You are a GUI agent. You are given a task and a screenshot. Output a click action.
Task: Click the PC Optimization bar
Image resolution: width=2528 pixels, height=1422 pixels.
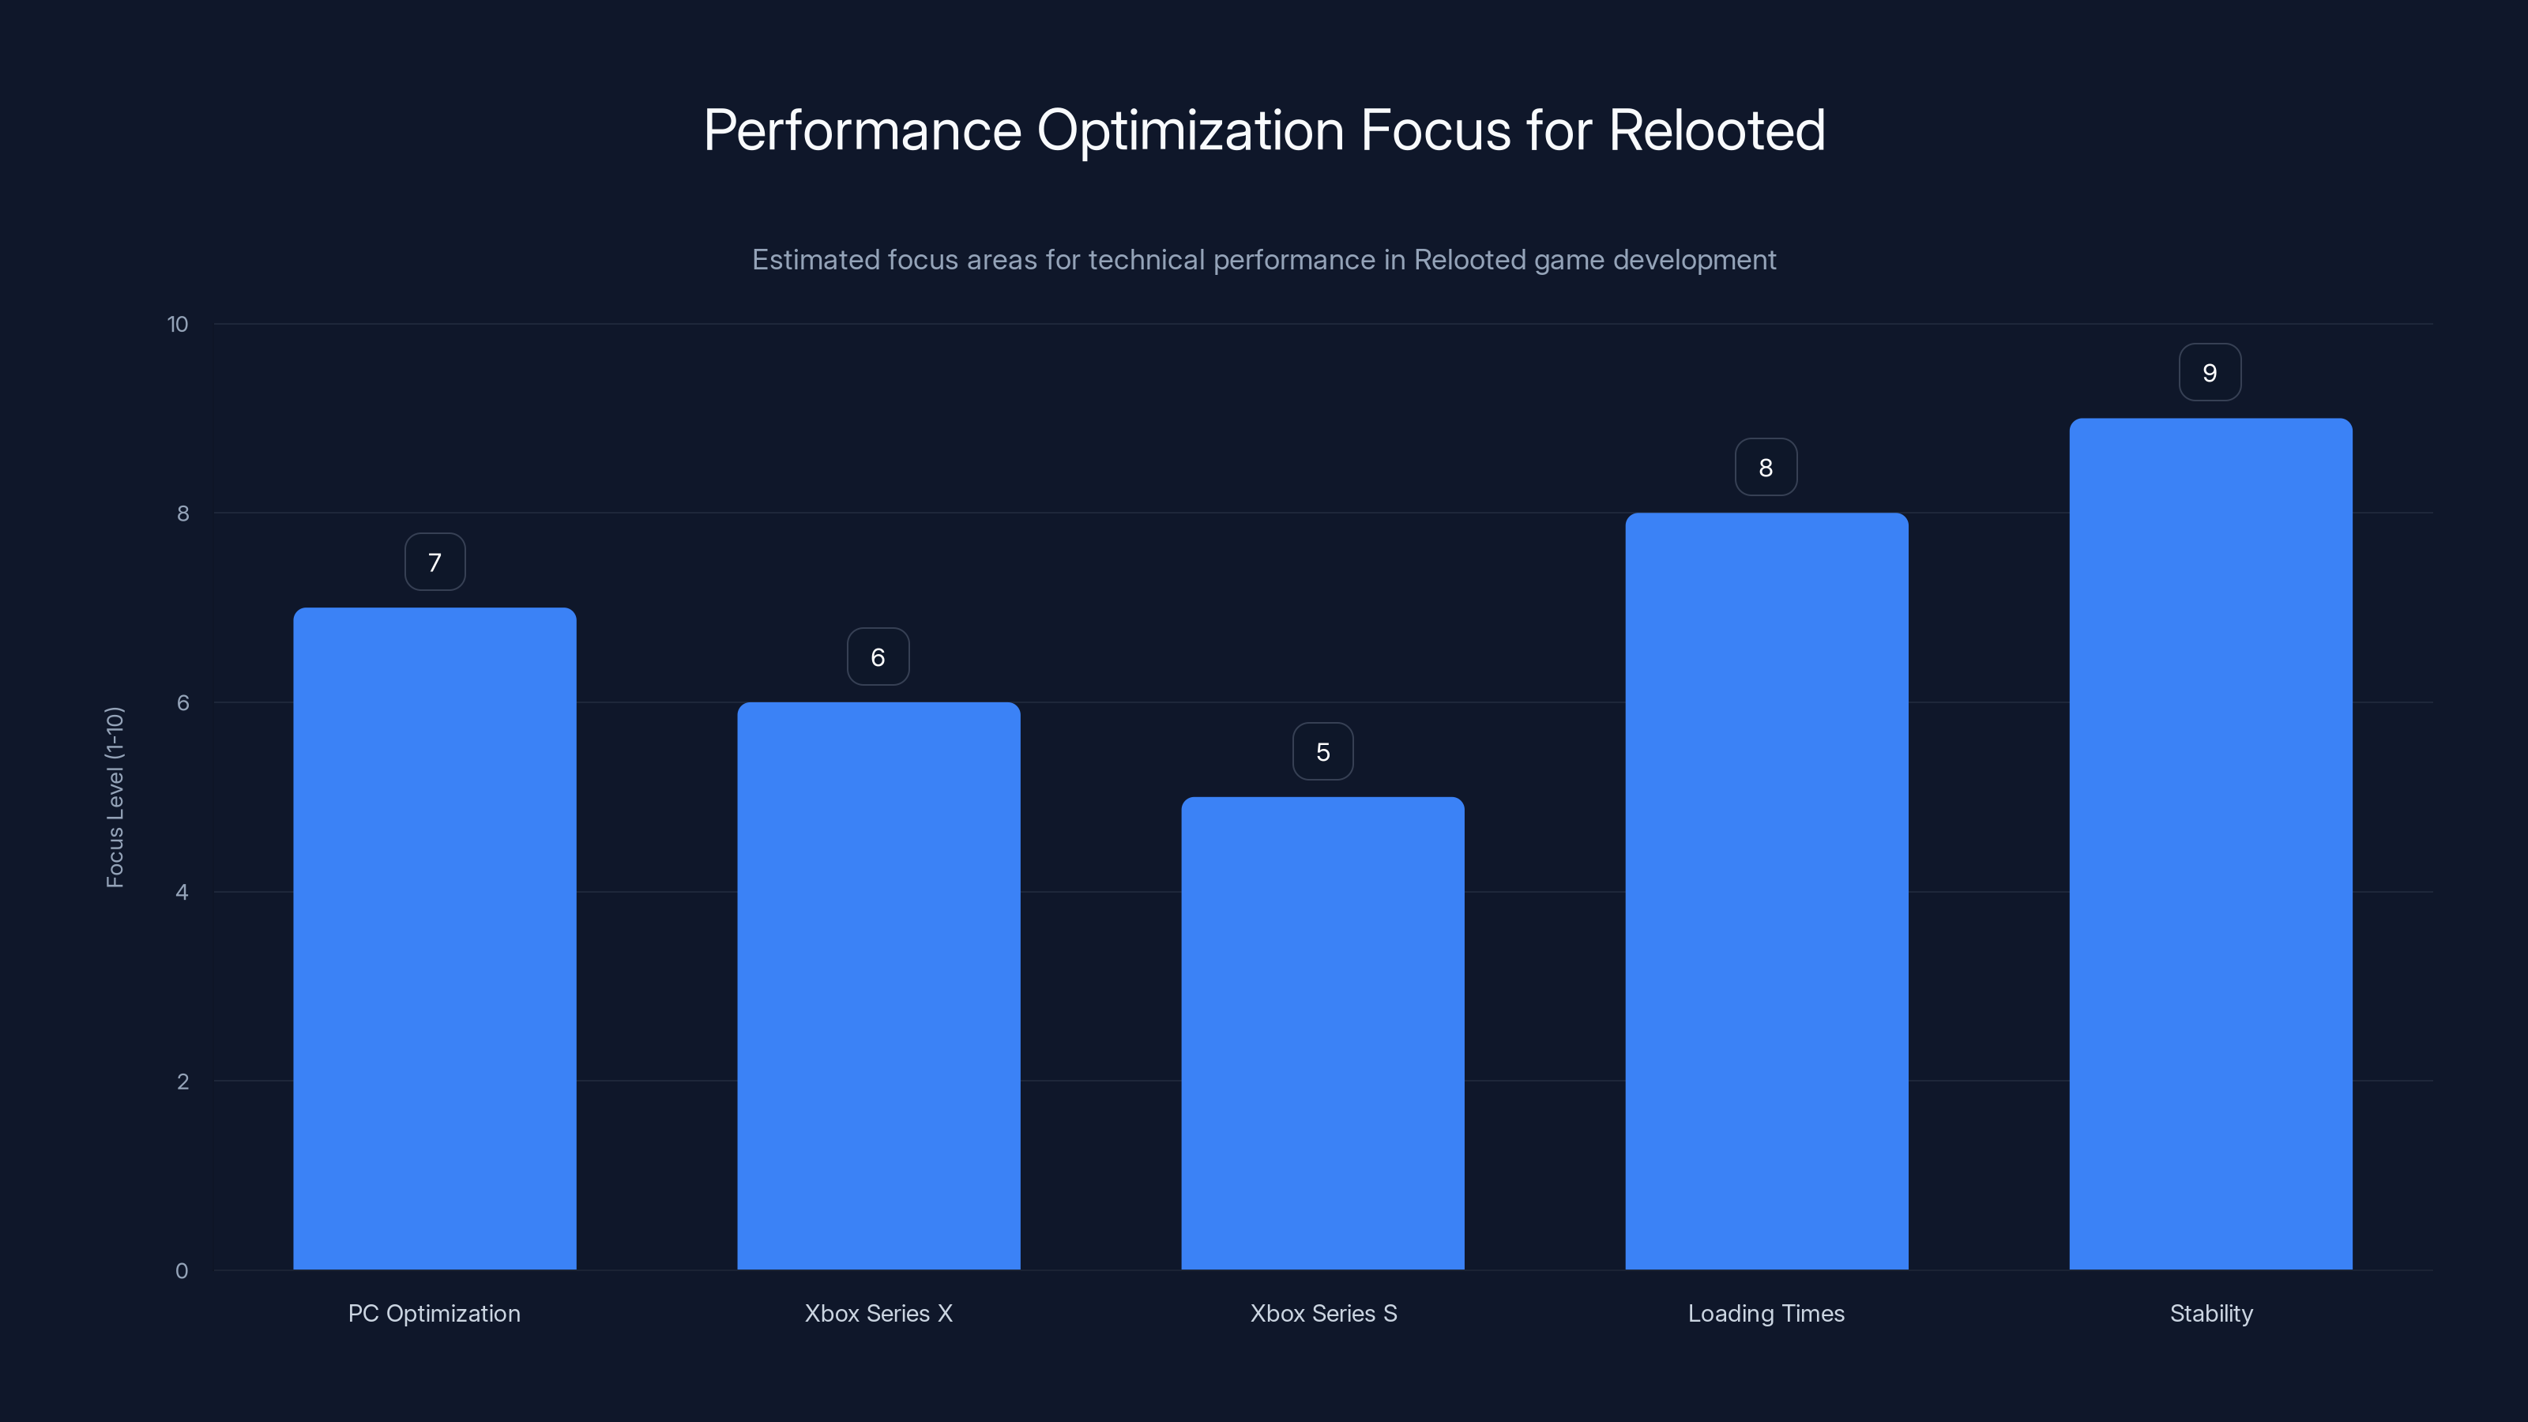pos(434,939)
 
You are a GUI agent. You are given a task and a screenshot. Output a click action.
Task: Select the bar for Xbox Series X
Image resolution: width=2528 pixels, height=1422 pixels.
pos(878,985)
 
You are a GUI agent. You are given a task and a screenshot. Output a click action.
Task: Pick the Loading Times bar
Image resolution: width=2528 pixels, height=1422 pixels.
pos(1766,891)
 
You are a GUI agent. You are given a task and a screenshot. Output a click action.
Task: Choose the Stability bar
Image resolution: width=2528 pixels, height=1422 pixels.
pos(2210,844)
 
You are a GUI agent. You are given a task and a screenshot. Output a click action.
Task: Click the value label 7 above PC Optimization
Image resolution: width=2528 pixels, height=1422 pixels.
pos(434,562)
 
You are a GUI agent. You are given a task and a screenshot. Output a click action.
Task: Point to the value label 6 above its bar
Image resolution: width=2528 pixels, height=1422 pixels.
pos(878,657)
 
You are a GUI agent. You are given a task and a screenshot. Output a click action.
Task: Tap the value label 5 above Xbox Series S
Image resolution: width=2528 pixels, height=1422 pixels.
pos(1323,752)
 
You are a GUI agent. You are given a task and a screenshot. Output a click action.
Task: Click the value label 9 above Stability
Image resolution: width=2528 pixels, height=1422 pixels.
pos(2210,373)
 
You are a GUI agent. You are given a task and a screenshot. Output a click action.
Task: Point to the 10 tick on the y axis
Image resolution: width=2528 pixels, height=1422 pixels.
pos(178,325)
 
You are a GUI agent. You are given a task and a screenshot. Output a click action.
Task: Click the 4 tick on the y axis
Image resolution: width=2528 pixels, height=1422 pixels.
pos(182,892)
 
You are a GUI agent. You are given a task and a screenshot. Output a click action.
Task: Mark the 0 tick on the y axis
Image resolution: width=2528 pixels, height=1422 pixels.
pos(182,1271)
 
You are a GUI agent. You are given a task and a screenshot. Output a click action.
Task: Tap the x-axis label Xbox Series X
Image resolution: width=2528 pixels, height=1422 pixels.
pos(878,1313)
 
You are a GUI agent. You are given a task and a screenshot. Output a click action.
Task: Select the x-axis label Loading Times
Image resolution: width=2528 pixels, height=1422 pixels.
pos(1766,1313)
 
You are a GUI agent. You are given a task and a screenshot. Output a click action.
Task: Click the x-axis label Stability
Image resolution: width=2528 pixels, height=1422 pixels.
pos(2211,1313)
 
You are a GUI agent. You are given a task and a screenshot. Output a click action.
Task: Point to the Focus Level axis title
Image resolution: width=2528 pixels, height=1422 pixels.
pos(115,797)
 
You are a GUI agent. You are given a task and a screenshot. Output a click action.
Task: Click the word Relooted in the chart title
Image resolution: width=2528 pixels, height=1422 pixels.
pos(1717,130)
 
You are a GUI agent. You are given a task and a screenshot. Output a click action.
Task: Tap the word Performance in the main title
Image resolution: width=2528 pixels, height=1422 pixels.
pos(863,130)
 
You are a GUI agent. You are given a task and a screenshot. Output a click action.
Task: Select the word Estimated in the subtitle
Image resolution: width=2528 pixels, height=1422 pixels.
pos(814,260)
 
